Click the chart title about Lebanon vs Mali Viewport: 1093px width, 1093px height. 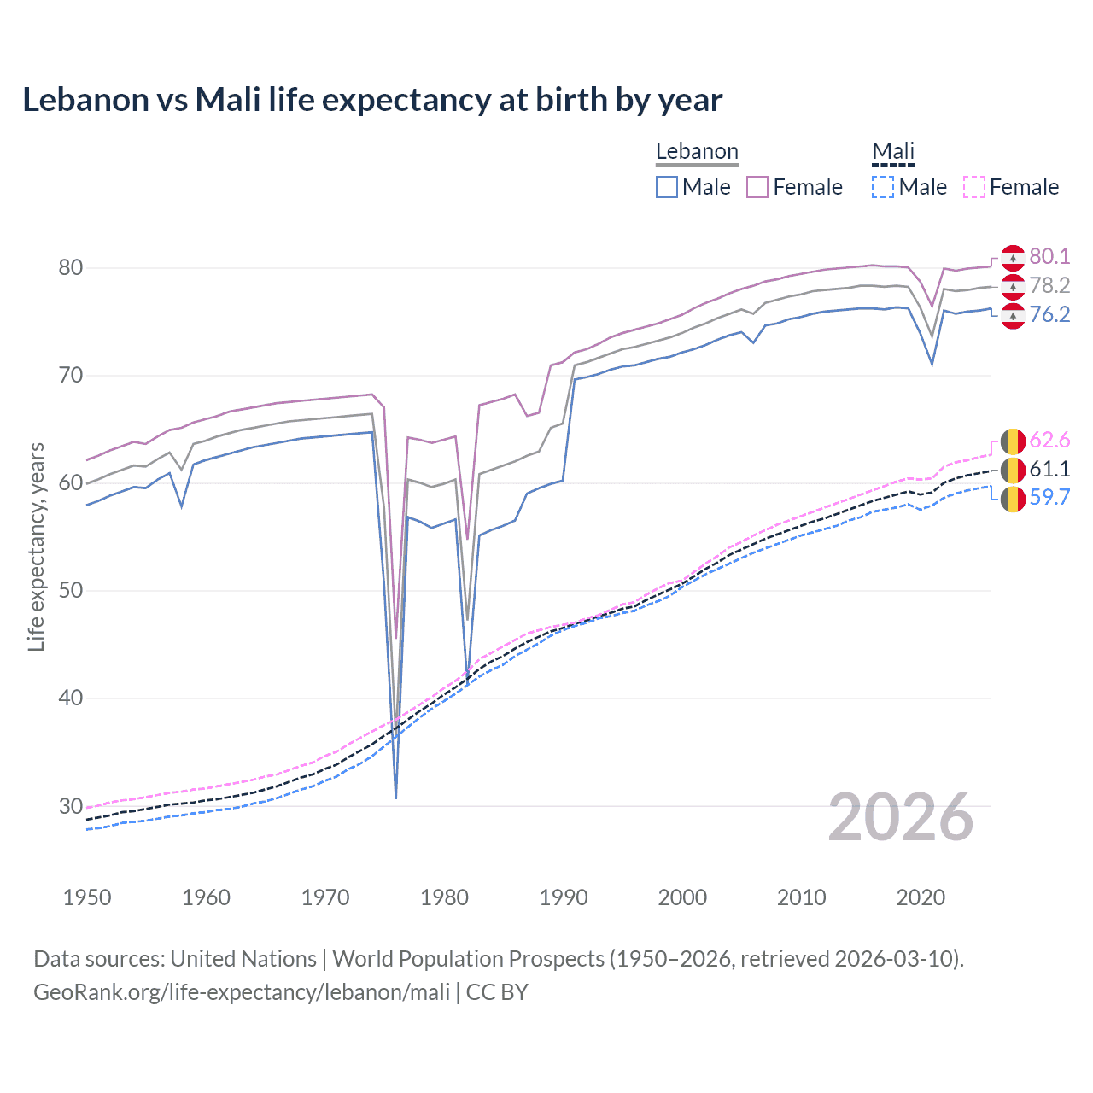372,100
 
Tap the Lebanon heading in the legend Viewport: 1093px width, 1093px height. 697,151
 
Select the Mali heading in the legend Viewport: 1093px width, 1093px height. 893,151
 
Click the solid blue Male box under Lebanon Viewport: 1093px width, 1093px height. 667,187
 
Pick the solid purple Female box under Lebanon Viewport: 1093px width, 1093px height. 757,187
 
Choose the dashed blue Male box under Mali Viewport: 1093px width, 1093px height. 883,187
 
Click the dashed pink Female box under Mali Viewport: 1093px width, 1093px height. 974,187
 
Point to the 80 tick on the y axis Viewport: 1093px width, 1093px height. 71,267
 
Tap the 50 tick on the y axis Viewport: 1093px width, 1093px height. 71,590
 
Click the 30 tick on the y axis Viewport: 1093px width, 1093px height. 71,805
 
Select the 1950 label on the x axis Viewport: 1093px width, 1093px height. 87,897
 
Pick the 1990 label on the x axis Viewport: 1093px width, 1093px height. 564,897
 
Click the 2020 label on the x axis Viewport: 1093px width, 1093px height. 921,897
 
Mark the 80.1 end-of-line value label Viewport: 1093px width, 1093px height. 1049,256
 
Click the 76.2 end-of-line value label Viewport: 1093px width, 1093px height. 1049,314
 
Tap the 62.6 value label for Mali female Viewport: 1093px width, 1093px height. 1049,440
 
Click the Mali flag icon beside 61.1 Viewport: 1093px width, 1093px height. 1013,469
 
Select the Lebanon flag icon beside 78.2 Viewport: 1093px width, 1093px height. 1013,285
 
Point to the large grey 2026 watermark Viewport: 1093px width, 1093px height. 901,817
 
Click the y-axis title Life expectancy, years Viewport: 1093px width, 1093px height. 36,546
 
